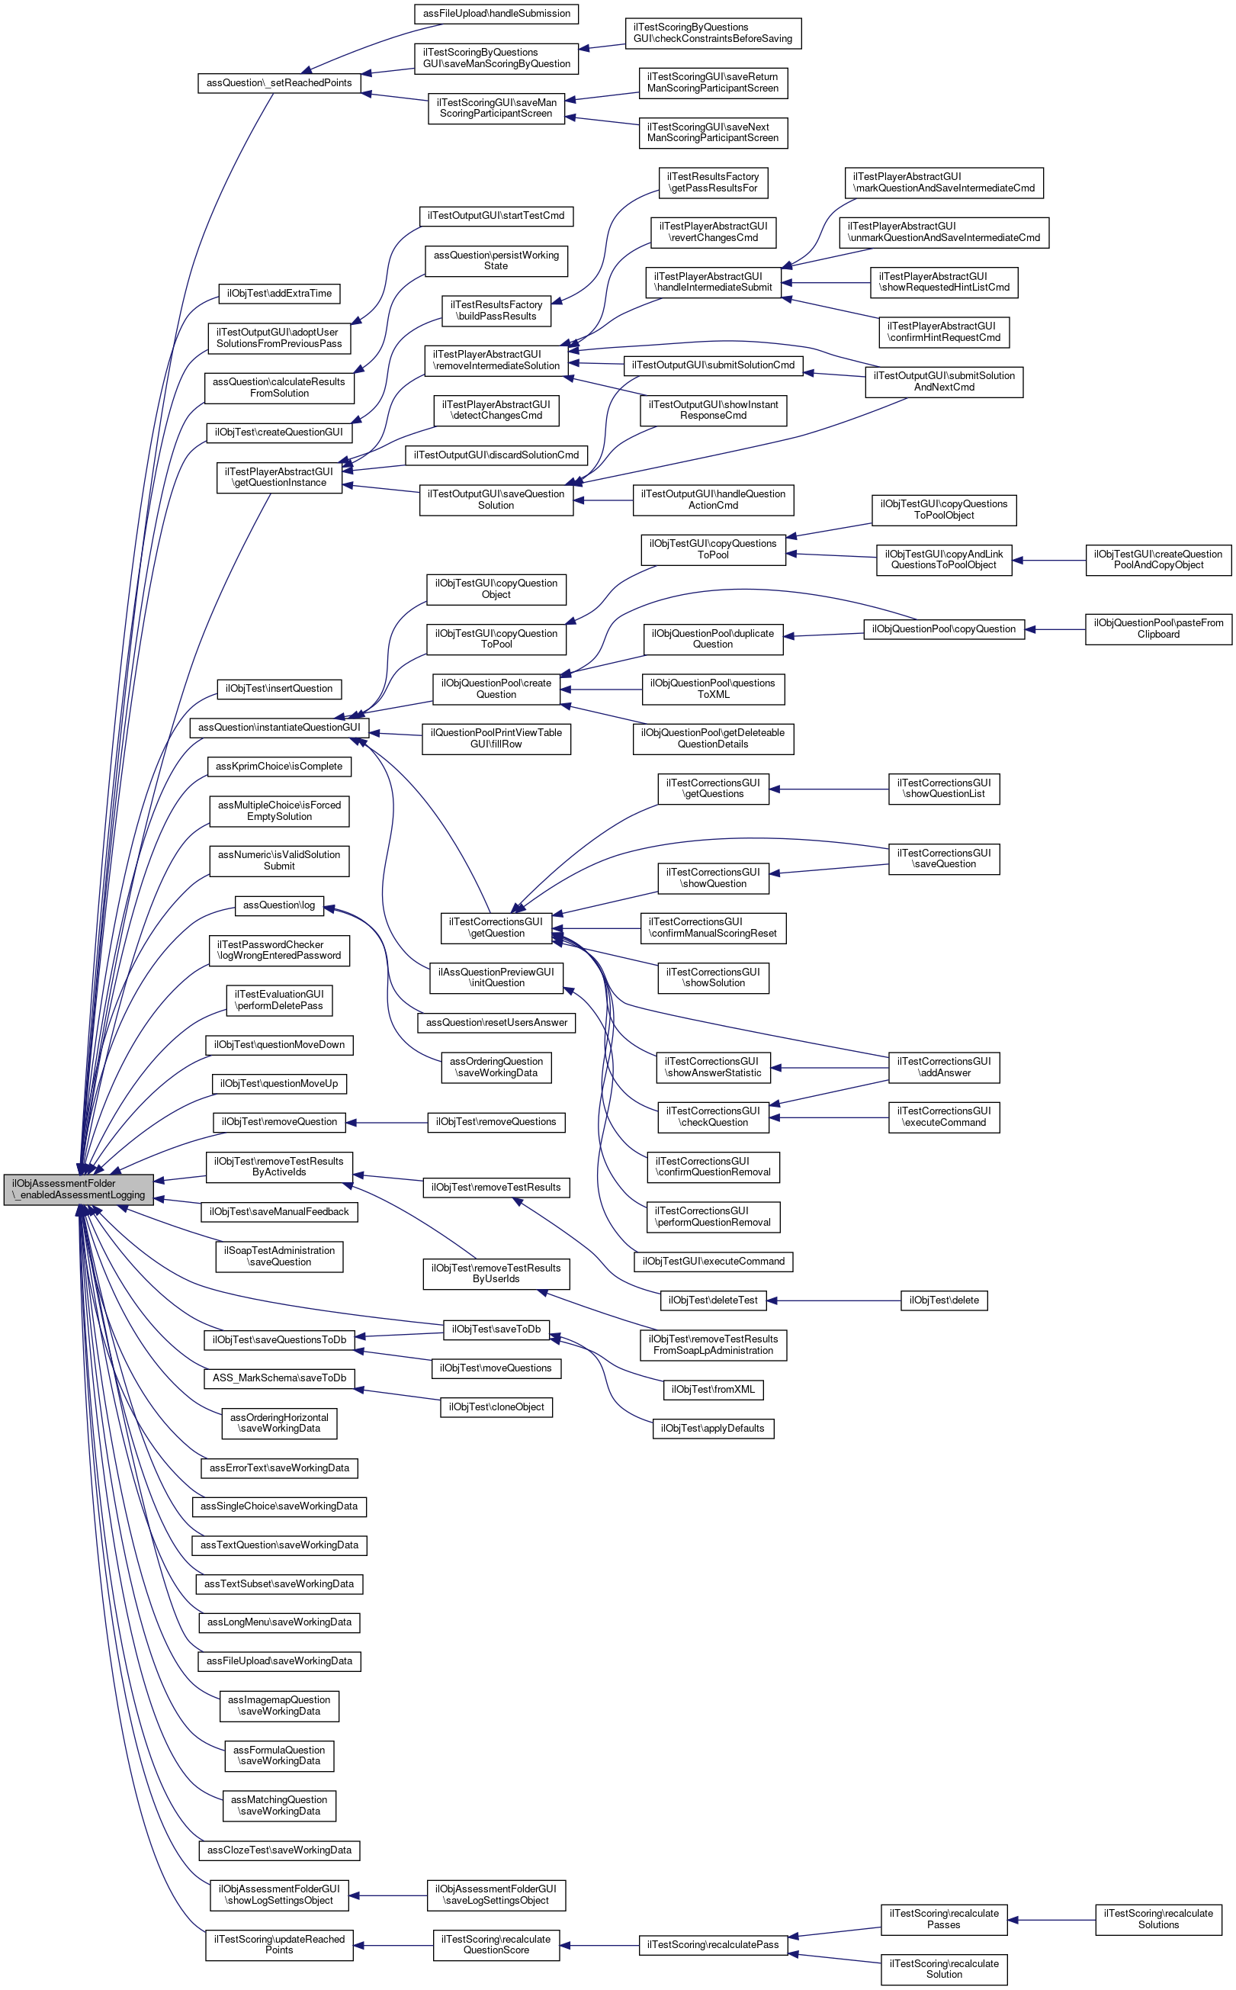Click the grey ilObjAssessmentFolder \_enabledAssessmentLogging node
(79, 1189)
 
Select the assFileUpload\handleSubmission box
(496, 14)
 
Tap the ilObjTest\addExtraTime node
(279, 294)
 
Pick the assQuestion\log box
(279, 905)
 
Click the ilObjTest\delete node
(943, 1300)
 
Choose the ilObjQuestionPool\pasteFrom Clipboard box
(1157, 629)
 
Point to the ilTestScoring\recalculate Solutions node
(1157, 1919)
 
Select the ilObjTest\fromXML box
(713, 1389)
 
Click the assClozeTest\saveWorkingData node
(279, 1850)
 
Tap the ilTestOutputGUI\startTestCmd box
(496, 216)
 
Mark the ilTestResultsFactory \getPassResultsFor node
(713, 182)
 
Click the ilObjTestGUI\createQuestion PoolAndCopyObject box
(1157, 560)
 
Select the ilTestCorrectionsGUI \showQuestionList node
(943, 788)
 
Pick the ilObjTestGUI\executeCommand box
(713, 1262)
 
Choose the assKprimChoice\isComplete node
(279, 766)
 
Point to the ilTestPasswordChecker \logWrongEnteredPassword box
(279, 950)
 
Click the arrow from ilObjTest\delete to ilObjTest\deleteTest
(834, 1300)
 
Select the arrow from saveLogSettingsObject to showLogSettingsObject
(388, 1895)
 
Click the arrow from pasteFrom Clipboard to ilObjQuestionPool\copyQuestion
(1055, 629)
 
